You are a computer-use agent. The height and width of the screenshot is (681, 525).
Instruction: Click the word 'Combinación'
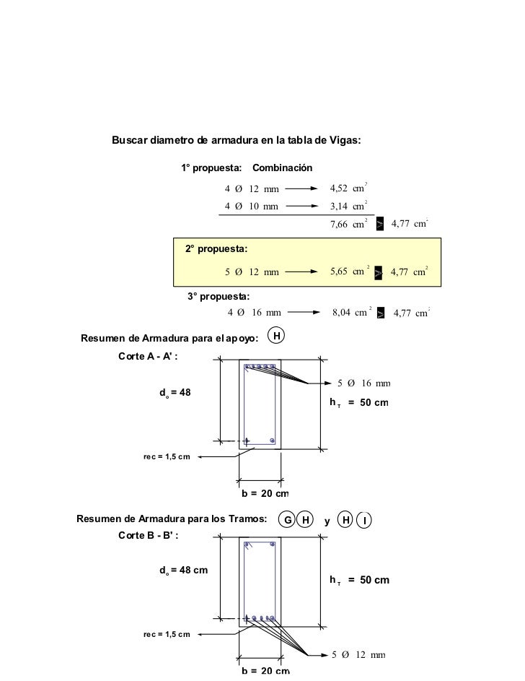[x=282, y=168]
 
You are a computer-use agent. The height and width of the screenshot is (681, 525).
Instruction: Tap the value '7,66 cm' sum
[x=348, y=225]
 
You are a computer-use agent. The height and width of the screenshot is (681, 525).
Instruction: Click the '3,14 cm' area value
[x=348, y=206]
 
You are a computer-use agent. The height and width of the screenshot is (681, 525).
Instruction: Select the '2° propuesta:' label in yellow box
[x=216, y=249]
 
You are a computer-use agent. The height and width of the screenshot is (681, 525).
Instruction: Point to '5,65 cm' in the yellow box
[x=349, y=272]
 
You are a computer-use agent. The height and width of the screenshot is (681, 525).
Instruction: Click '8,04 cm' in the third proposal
[x=350, y=312]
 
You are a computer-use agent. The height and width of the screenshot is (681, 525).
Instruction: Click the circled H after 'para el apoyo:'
[x=276, y=335]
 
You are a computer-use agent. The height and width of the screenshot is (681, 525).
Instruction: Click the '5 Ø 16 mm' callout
[x=363, y=383]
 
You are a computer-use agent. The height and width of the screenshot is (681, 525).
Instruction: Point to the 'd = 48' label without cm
[x=175, y=392]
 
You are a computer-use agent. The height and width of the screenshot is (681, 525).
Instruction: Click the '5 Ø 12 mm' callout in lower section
[x=358, y=655]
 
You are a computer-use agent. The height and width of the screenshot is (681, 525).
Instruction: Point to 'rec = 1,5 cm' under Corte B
[x=167, y=634]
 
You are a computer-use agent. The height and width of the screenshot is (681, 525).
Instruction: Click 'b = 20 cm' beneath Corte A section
[x=265, y=494]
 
